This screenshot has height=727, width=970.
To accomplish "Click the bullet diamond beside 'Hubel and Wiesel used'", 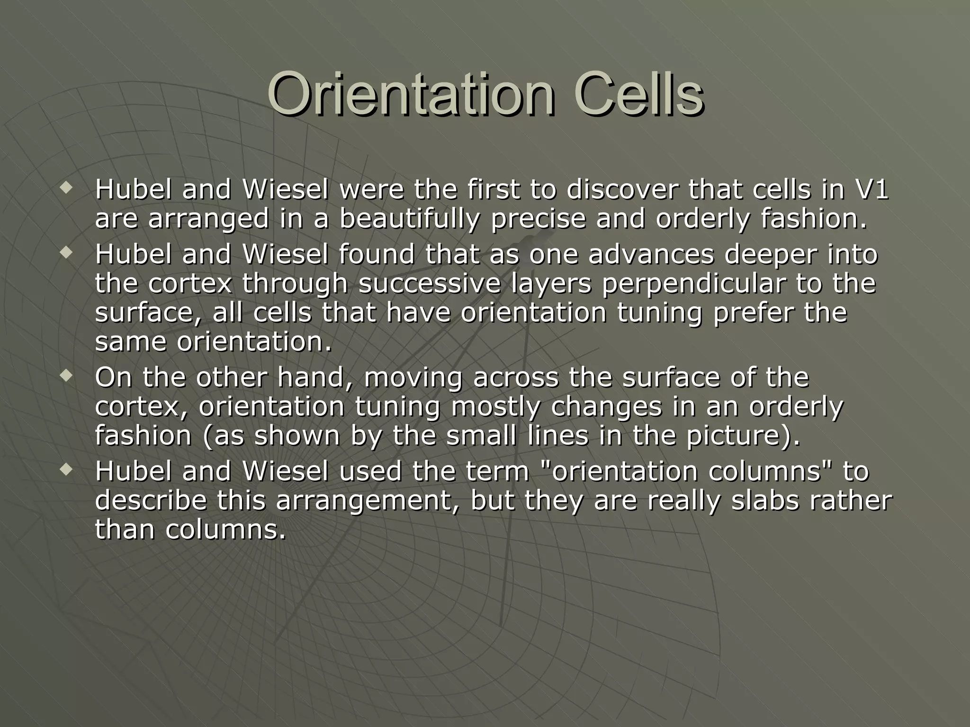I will coord(66,470).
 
